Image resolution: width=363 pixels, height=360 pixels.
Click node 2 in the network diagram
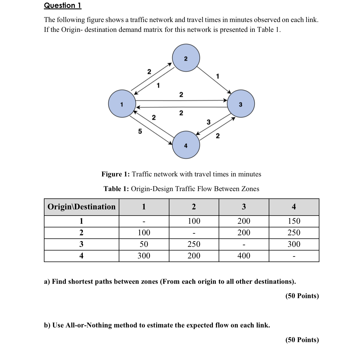[x=186, y=58]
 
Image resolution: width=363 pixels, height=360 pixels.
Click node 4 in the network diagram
[x=186, y=145]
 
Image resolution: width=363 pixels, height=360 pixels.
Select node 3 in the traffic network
[x=241, y=104]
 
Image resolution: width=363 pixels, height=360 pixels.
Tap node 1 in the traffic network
[x=122, y=104]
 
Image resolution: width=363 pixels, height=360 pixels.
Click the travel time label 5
[x=140, y=131]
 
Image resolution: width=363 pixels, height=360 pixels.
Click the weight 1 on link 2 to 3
[x=217, y=76]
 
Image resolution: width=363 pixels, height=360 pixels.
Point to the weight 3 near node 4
[x=208, y=122]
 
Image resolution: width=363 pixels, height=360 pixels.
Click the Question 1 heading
[x=62, y=6]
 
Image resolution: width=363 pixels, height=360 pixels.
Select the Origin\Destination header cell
[x=81, y=207]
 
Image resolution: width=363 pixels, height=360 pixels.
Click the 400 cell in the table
[x=244, y=256]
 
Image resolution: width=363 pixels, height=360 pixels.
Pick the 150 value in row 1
[x=294, y=221]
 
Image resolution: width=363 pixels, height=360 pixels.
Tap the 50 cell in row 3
[x=144, y=244]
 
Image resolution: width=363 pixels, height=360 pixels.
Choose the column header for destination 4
[x=294, y=207]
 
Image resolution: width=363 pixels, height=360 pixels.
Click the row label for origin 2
[x=81, y=233]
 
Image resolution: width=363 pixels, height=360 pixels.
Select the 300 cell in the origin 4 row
[x=144, y=256]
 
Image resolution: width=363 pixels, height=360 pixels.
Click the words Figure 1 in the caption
[x=115, y=174]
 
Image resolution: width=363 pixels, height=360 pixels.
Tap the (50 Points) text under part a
[x=302, y=296]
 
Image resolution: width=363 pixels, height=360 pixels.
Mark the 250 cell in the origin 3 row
[x=194, y=244]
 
